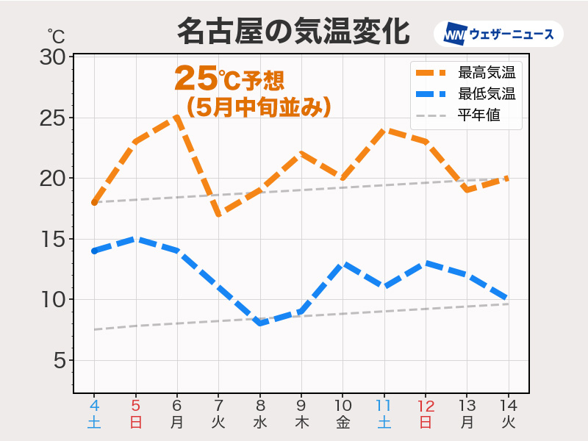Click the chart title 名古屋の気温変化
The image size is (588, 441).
(293, 32)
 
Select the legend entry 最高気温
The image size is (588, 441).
(486, 72)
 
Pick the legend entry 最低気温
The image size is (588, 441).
(486, 93)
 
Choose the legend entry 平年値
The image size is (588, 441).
(478, 115)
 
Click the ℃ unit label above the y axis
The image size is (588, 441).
(56, 35)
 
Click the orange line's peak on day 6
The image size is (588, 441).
(177, 118)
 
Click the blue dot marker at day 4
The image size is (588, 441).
(94, 251)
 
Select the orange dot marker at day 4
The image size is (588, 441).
(94, 202)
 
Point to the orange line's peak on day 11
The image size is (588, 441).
(384, 130)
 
